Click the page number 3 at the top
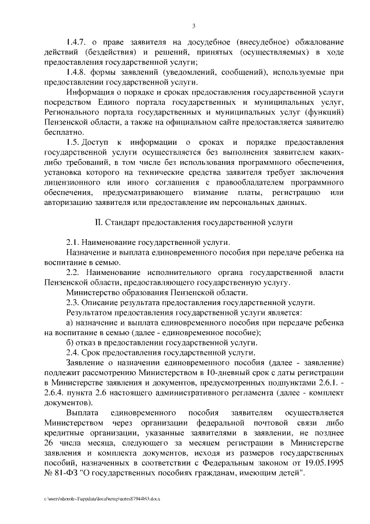coord(194,25)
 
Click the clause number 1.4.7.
coord(76,43)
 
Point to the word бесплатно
coord(61,131)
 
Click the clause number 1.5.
coord(73,142)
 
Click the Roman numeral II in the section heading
coord(98,222)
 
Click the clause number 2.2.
coord(73,272)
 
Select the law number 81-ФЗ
coord(72,474)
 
